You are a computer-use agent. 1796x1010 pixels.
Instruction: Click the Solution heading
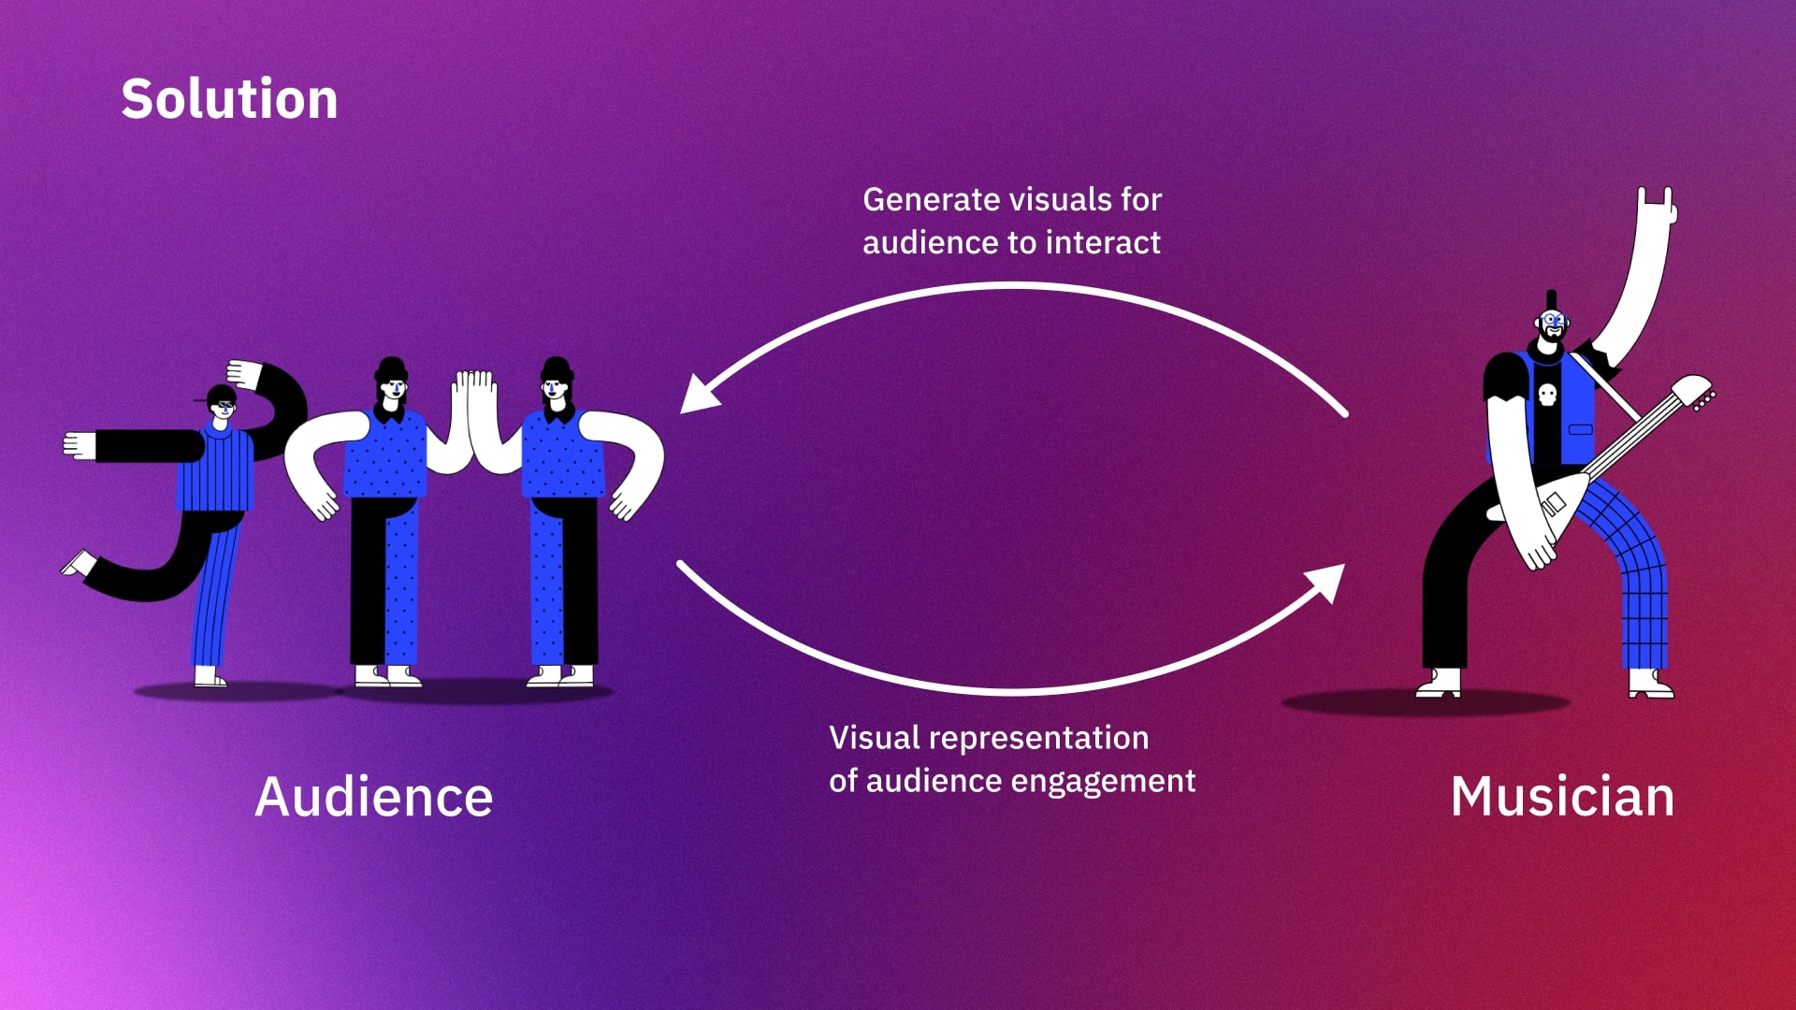point(229,99)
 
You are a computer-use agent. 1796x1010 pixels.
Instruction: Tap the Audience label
point(373,797)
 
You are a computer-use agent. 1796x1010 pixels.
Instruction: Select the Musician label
point(1562,797)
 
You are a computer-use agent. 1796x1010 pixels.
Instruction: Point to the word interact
point(1104,243)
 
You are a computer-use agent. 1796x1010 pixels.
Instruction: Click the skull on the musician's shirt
point(1547,395)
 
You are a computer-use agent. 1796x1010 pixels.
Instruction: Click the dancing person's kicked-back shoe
point(78,563)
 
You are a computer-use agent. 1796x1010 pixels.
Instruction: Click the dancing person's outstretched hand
point(80,445)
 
